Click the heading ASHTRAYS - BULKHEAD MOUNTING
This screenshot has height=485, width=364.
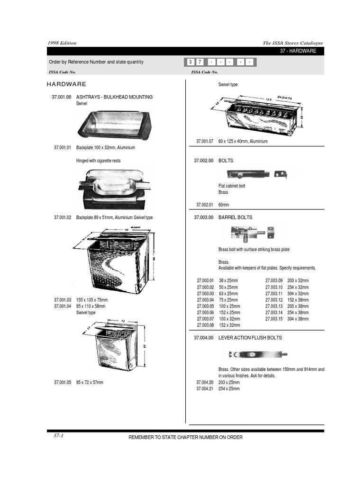pos(114,97)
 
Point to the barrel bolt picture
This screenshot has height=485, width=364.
pos(253,234)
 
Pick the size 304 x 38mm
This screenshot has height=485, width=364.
pos(298,319)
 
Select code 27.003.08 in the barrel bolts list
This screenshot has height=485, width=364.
pos(206,325)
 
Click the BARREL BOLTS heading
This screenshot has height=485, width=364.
pos(235,217)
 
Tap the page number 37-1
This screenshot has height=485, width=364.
pos(58,436)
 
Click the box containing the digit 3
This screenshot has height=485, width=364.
pos(190,62)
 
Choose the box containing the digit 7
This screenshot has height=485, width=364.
pos(199,62)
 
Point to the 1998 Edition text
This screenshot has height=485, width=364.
pos(62,43)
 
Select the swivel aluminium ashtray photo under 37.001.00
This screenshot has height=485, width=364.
pos(114,124)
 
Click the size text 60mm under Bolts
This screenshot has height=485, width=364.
pos(224,205)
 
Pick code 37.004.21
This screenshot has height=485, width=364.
pos(205,389)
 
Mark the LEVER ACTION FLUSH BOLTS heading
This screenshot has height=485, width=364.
pos(250,338)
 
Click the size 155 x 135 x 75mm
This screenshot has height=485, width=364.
pos(92,300)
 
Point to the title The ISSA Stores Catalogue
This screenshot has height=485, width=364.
pos(293,43)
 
